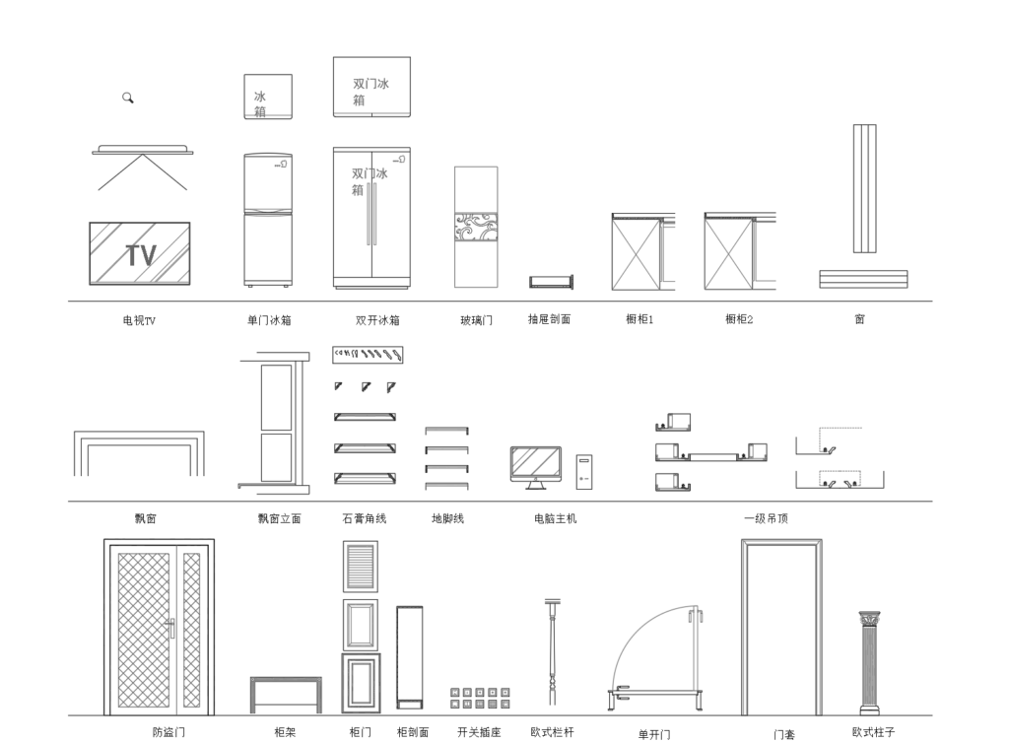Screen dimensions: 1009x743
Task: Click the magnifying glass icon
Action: (x=127, y=98)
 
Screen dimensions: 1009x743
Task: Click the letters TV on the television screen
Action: (x=141, y=255)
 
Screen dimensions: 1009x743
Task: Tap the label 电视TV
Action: (x=139, y=320)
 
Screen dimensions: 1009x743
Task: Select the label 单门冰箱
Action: (x=269, y=319)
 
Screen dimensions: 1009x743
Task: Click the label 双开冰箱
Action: (x=377, y=319)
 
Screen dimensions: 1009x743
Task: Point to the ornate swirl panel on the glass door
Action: (x=476, y=229)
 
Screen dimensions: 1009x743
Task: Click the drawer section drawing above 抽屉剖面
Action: (x=552, y=282)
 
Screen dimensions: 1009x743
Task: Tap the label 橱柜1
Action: (x=639, y=319)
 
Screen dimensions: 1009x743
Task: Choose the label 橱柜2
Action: (x=739, y=319)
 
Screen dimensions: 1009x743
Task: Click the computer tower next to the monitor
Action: (x=584, y=472)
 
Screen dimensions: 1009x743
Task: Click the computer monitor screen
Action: (x=535, y=463)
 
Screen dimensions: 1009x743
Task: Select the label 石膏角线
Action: (x=365, y=518)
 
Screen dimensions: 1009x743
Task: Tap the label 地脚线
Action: (x=448, y=518)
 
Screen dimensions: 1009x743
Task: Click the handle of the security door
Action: (x=170, y=627)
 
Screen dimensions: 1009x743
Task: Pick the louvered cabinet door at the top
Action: (x=361, y=566)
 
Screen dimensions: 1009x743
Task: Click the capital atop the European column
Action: (x=869, y=619)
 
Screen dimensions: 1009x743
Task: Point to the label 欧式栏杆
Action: (x=552, y=732)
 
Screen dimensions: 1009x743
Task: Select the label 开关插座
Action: (x=479, y=732)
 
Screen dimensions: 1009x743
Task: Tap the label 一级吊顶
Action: (x=766, y=518)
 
